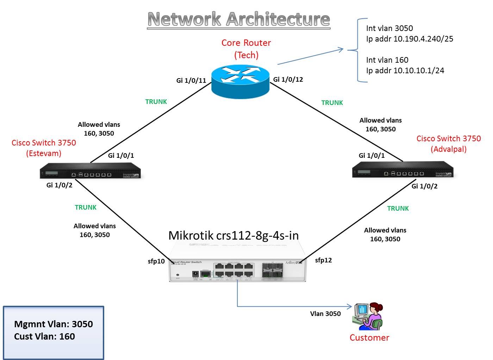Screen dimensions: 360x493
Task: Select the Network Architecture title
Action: [x=239, y=19]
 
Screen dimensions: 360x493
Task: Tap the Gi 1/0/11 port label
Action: [x=191, y=81]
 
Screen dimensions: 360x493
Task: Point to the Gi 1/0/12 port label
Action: [x=288, y=80]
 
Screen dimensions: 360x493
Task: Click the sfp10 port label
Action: [x=156, y=261]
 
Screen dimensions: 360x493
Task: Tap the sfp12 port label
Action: [x=323, y=260]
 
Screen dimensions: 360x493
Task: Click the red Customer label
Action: [x=369, y=337]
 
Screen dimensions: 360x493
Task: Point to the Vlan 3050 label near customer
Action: [x=325, y=314]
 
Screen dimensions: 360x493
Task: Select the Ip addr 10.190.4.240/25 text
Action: [x=410, y=39]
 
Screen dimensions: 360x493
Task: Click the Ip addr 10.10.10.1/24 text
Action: [x=405, y=70]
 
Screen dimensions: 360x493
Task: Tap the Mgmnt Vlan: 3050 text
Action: [x=54, y=324]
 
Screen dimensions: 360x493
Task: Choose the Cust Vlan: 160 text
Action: [x=44, y=336]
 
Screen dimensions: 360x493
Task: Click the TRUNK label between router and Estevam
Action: [x=156, y=102]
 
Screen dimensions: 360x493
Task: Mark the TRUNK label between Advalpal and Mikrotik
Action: [x=398, y=208]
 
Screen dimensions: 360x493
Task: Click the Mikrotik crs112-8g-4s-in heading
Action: [x=234, y=235]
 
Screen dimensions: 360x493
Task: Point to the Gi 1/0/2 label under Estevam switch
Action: [x=59, y=185]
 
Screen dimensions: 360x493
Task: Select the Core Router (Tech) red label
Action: [x=246, y=49]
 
